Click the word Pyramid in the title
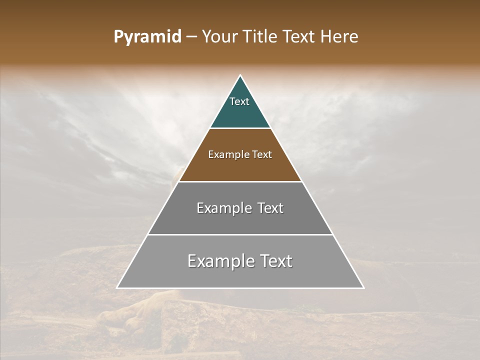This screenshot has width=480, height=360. pyautogui.click(x=147, y=37)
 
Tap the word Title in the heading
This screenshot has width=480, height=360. pyautogui.click(x=261, y=37)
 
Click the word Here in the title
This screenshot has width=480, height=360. pyautogui.click(x=339, y=37)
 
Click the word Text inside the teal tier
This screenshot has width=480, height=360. pyautogui.click(x=239, y=101)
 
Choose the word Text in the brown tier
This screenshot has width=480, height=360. pyautogui.click(x=262, y=155)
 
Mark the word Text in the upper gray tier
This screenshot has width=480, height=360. pyautogui.click(x=270, y=208)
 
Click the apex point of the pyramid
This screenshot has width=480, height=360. pyautogui.click(x=240, y=75)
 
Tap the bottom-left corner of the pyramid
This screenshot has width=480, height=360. pyautogui.click(x=117, y=288)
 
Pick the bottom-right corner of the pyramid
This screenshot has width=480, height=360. pyautogui.click(x=363, y=288)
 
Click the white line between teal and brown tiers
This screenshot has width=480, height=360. pyautogui.click(x=240, y=128)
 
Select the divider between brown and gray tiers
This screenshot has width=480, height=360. pyautogui.click(x=240, y=181)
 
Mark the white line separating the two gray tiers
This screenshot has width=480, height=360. pyautogui.click(x=240, y=234)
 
